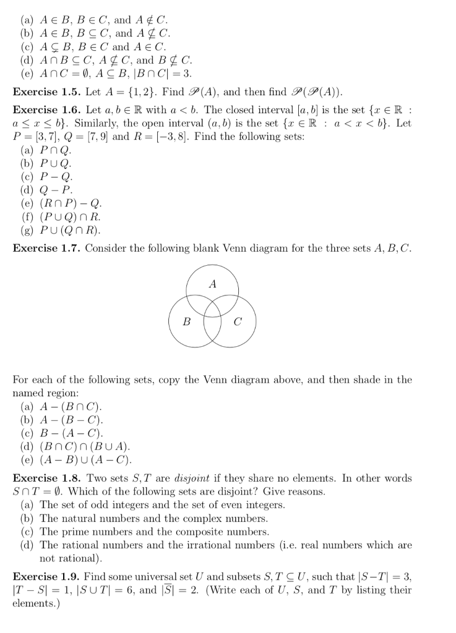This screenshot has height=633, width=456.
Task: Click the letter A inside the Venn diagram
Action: pyautogui.click(x=213, y=285)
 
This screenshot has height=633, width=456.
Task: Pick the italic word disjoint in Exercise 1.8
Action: pyautogui.click(x=198, y=478)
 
